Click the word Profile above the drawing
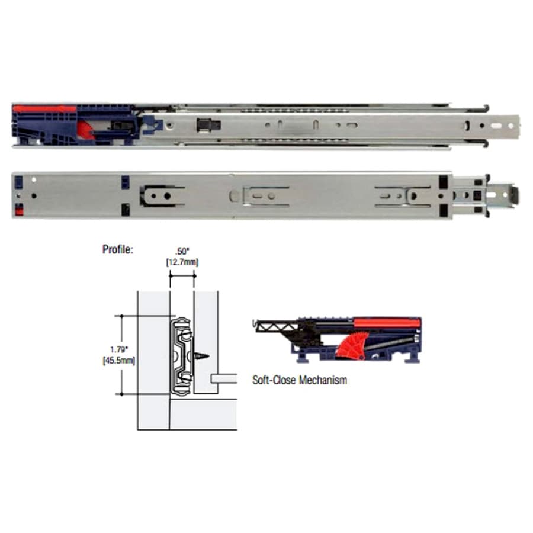(118, 249)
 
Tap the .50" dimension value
(182, 251)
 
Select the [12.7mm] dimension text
(182, 262)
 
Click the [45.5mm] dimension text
(118, 360)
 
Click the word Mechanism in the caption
(323, 380)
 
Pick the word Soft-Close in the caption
(274, 380)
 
